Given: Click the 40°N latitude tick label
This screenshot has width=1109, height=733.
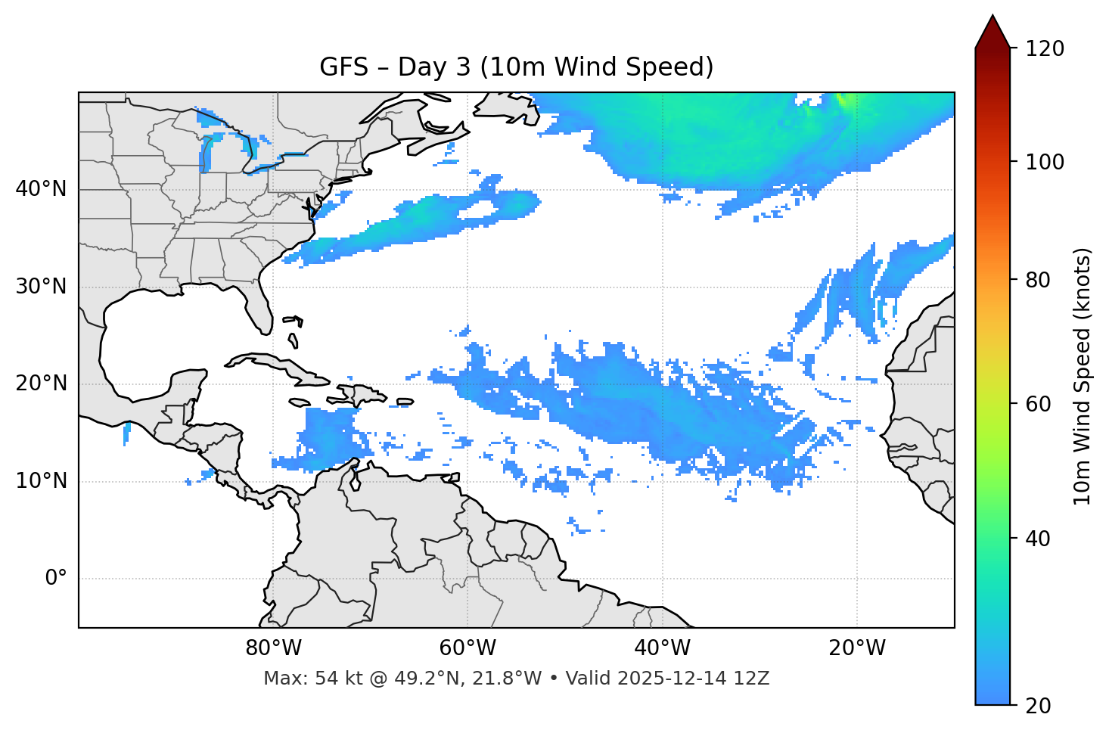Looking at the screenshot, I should point(41,189).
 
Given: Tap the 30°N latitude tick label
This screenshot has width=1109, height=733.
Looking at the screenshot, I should point(41,287).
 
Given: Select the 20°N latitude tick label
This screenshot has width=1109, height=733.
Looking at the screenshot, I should point(41,384).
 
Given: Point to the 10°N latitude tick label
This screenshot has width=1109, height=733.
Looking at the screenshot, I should point(41,481).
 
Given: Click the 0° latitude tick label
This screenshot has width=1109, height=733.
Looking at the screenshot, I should point(56,579).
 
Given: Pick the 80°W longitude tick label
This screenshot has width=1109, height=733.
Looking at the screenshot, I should point(273,648).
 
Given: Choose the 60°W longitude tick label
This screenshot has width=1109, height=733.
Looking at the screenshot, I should point(468,648).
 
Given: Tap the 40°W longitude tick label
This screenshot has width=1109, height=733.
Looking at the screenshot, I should point(662,648).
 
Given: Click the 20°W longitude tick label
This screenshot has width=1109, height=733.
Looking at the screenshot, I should point(856,648).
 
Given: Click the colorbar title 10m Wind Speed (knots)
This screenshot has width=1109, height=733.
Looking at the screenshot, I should point(1083,376).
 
